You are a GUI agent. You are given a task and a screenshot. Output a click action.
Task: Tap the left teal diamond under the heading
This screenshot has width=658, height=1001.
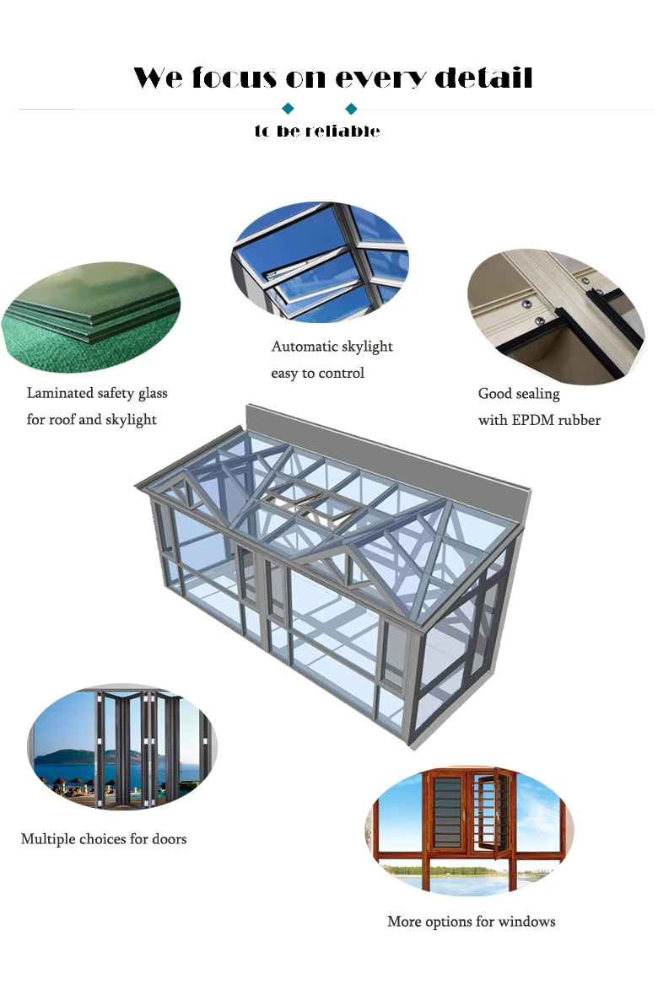pos(288,109)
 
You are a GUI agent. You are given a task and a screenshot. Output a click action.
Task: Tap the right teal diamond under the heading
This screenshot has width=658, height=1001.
pos(352,109)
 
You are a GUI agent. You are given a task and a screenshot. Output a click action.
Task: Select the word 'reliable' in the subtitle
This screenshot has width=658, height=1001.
pos(342,132)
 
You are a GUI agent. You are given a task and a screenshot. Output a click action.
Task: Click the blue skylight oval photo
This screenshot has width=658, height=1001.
pos(320,261)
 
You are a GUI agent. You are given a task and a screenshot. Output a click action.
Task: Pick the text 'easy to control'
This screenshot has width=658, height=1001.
pos(317,373)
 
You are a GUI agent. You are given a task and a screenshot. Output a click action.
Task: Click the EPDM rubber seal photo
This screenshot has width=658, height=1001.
pos(556,316)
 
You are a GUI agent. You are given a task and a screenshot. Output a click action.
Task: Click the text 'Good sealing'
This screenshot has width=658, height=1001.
pos(519,394)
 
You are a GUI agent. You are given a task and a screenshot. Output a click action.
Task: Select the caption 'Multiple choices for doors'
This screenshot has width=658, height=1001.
pos(104,839)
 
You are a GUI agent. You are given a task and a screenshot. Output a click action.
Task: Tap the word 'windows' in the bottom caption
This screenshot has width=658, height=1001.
pos(527,922)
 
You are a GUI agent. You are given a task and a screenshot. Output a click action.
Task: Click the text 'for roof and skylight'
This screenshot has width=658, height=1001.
pos(92,420)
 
